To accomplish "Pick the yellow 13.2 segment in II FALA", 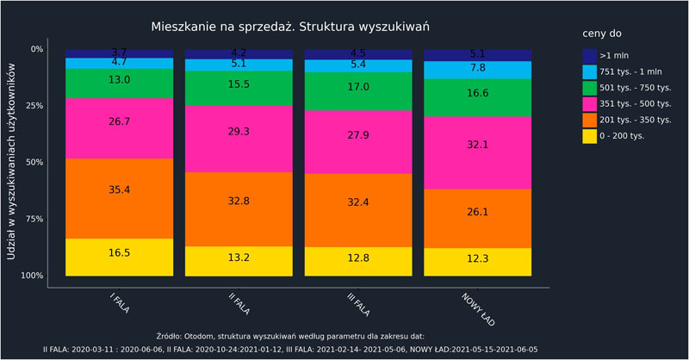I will [239, 261].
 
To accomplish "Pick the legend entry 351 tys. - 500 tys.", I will [633, 102].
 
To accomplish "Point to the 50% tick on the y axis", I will [34, 162].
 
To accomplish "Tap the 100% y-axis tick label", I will [32, 276].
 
